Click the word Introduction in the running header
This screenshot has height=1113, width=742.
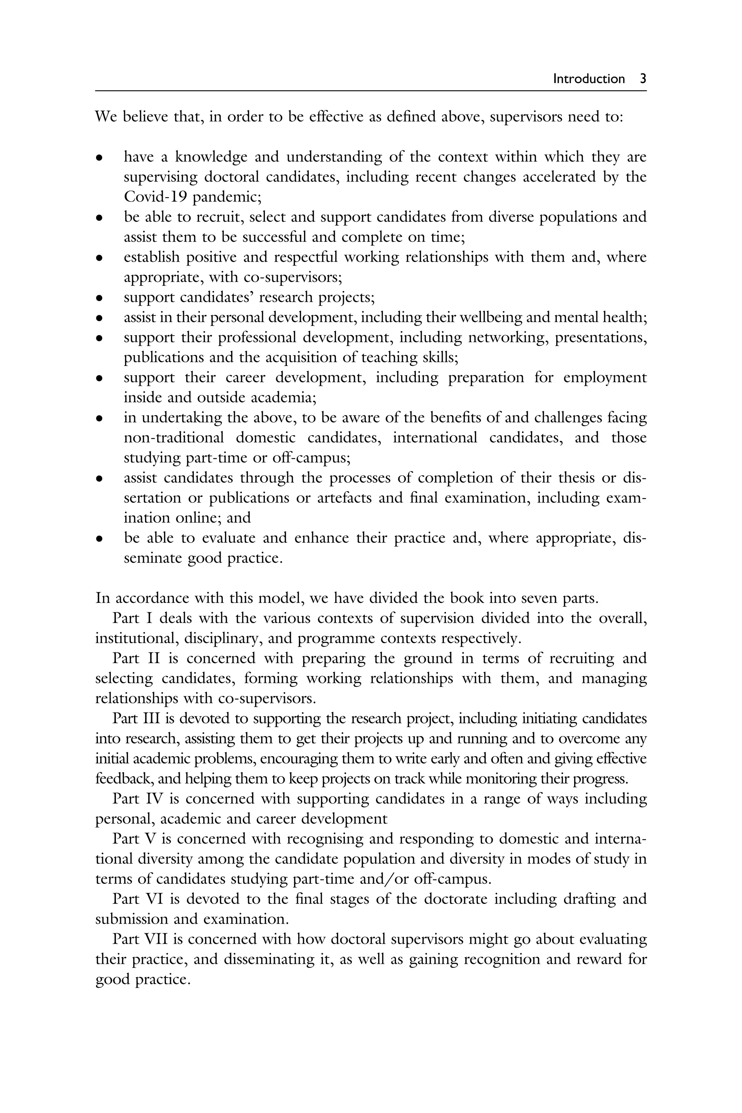(x=589, y=79)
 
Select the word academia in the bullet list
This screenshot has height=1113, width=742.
(x=283, y=397)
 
